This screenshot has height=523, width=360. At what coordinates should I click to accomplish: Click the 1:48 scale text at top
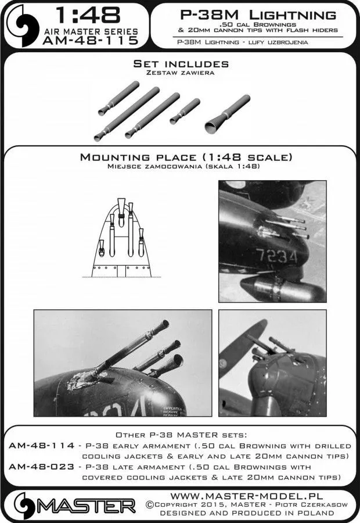tap(82, 15)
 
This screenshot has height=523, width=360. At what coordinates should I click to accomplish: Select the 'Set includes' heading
tap(181, 63)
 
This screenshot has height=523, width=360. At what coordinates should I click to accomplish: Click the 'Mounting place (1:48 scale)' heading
tap(181, 157)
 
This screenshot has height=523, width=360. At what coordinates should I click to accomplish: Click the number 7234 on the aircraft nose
tap(278, 256)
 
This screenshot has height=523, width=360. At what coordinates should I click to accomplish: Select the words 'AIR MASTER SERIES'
tap(90, 30)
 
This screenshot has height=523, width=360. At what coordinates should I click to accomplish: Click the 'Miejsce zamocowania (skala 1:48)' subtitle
tap(181, 167)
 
